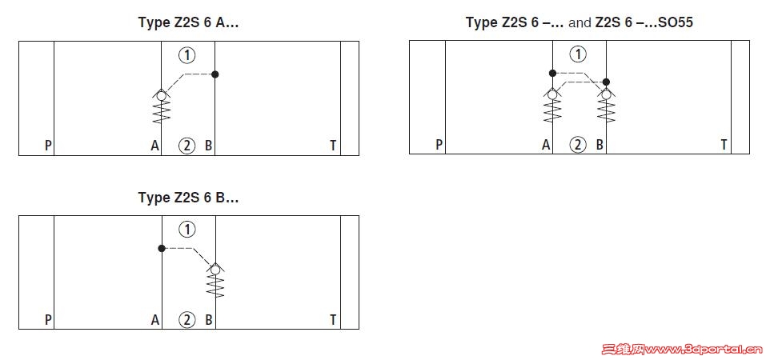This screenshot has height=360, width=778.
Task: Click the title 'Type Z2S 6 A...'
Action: click(x=189, y=23)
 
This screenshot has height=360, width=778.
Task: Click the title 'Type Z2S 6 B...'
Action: click(x=189, y=198)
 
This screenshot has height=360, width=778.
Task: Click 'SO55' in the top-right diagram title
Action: click(x=676, y=22)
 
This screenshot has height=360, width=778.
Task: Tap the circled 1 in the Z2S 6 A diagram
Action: click(x=187, y=55)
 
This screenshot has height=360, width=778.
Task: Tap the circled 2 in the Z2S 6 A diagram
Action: click(x=187, y=146)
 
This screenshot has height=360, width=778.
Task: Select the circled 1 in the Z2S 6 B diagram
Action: click(x=187, y=230)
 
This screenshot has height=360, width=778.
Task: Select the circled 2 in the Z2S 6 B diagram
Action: click(x=187, y=320)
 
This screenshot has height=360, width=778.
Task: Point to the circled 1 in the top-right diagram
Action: click(x=578, y=54)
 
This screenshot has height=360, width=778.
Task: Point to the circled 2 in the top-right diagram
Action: click(x=578, y=145)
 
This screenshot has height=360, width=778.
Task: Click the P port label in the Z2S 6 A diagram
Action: click(x=48, y=146)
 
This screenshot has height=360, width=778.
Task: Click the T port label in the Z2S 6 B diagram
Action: click(x=334, y=320)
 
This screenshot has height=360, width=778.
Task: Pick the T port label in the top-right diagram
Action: click(x=724, y=145)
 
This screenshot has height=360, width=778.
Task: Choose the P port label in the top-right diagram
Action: click(x=439, y=145)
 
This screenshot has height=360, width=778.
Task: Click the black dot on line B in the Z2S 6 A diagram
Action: click(x=215, y=74)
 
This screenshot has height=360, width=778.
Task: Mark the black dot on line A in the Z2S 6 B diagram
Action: click(x=161, y=248)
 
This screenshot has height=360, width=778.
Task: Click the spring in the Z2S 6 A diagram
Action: click(x=161, y=111)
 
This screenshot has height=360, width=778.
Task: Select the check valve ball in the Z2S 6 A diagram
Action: click(x=161, y=96)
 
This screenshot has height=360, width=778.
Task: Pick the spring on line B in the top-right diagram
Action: click(x=606, y=110)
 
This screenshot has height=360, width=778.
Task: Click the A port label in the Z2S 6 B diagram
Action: click(x=155, y=320)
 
